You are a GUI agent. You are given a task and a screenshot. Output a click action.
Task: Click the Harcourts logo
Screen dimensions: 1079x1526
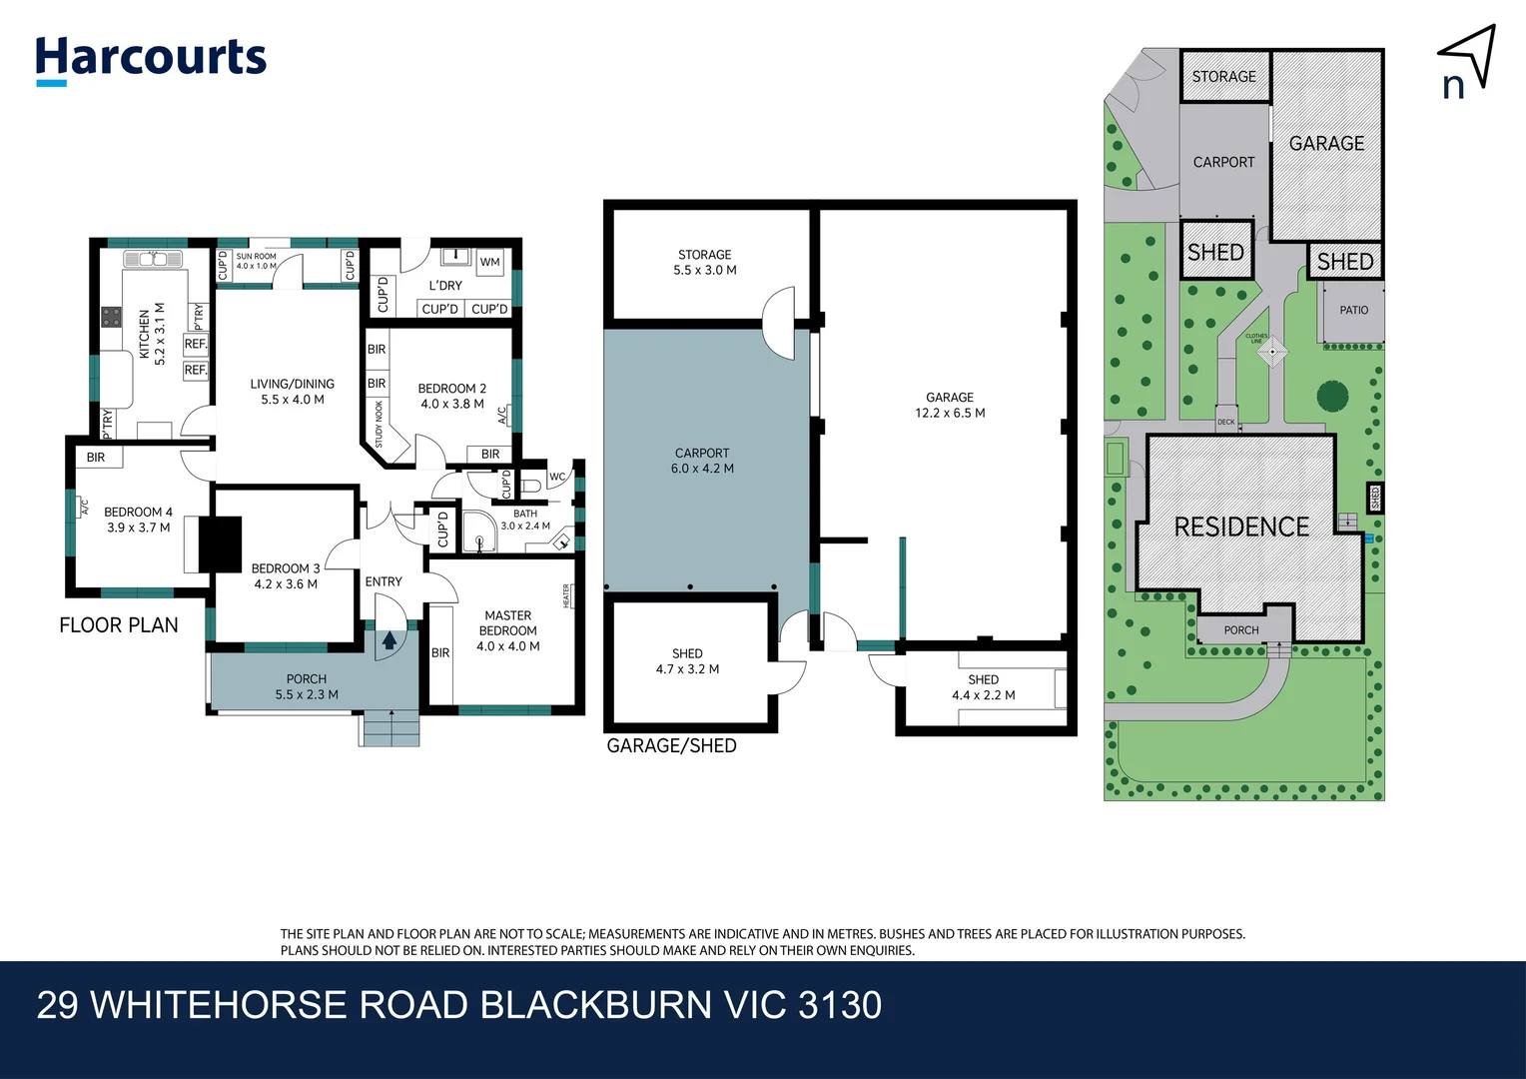151,59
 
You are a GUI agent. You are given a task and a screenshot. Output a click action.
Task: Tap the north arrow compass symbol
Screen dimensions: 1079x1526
1468,61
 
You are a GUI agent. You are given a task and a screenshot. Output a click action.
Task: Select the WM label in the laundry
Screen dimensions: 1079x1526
489,263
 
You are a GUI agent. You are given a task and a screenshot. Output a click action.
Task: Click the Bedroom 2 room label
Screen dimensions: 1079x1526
452,397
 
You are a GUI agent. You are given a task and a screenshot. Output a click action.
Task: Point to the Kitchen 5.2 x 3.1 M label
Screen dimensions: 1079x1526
152,334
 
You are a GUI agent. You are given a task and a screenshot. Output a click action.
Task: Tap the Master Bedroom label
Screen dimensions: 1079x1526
508,630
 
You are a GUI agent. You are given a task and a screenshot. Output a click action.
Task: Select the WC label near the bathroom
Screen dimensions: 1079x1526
557,477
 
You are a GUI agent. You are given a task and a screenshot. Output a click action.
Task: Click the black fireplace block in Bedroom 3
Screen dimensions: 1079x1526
221,543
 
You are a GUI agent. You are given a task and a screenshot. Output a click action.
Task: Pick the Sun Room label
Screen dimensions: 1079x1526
256,261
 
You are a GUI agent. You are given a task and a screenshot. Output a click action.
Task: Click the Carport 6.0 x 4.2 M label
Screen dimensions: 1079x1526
702,461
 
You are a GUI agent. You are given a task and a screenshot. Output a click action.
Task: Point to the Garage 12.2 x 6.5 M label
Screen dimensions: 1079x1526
950,405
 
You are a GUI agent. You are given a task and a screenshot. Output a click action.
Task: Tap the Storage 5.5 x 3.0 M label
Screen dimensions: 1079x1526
705,262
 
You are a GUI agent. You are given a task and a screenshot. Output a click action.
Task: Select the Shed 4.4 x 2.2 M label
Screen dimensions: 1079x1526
983,687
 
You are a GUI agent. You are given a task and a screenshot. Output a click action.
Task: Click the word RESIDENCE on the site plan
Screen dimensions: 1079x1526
1241,527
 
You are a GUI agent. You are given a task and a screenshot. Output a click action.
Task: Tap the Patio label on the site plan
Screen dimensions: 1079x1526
1353,310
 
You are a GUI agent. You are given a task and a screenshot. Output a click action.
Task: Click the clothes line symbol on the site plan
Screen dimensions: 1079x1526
1272,352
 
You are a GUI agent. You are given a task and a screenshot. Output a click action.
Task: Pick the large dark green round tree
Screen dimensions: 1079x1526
1332,397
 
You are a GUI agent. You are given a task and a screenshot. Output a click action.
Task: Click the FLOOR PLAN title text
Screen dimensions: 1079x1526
119,625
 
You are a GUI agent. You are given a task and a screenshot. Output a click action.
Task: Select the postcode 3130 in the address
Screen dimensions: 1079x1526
840,1005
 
